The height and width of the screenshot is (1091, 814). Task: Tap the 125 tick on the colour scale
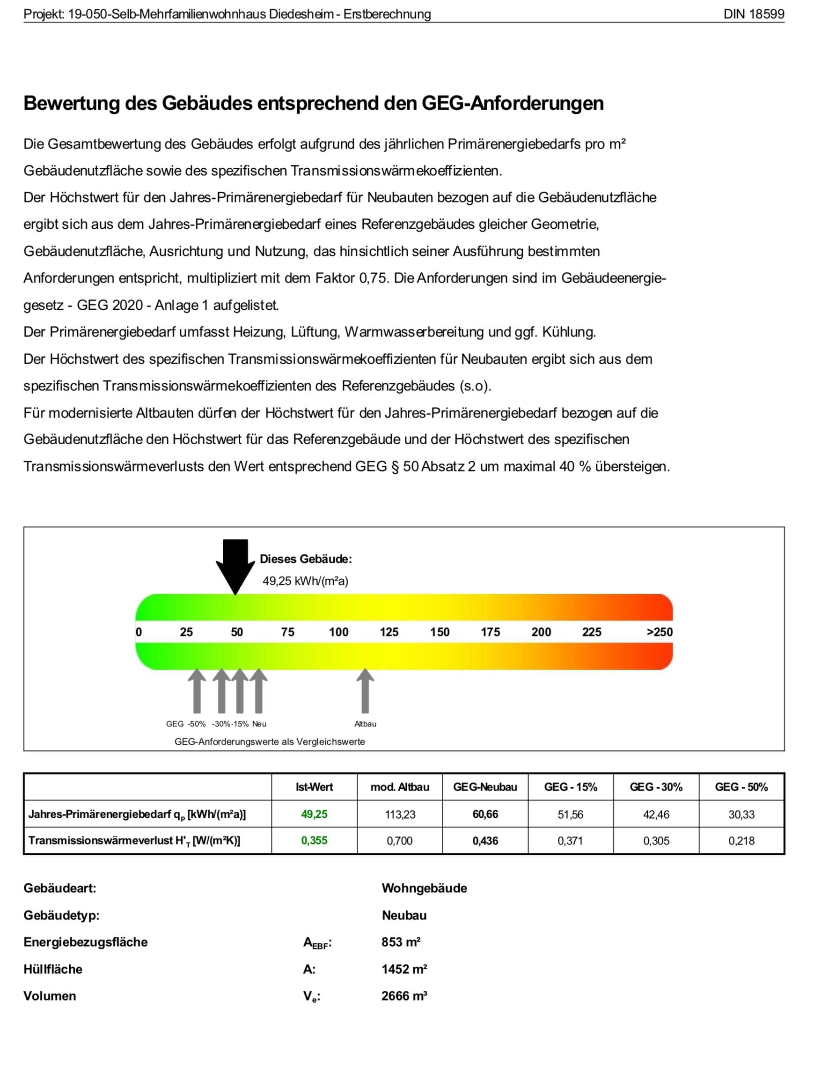click(389, 632)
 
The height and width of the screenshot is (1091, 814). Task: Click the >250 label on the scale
click(659, 632)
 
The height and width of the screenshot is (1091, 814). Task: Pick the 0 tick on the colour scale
click(139, 632)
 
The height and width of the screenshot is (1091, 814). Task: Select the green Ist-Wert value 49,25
click(314, 814)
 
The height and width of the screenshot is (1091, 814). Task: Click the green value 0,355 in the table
click(314, 840)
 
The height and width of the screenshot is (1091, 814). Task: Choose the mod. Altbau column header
click(400, 787)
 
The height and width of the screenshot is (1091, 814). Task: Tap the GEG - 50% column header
click(741, 787)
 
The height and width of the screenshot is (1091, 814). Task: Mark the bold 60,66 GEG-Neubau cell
click(485, 814)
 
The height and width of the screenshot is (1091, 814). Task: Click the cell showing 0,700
click(400, 840)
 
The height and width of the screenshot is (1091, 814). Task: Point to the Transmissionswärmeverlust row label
click(134, 841)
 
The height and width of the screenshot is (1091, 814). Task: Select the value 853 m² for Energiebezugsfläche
click(401, 942)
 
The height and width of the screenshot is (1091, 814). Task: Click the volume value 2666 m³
click(403, 996)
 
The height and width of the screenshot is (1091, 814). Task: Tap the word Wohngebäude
click(424, 888)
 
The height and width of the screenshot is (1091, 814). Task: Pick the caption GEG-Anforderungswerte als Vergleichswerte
click(270, 741)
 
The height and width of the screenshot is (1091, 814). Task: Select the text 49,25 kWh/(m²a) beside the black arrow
click(305, 581)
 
